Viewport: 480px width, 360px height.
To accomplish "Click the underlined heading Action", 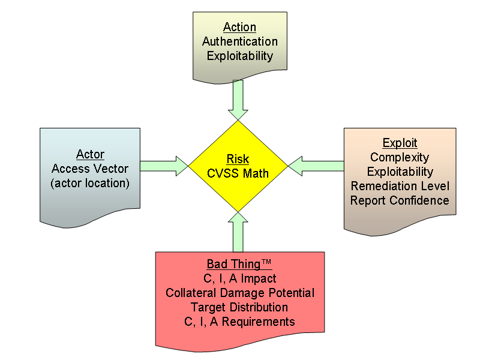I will click(x=239, y=27).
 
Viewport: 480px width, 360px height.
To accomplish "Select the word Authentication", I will click(x=239, y=41).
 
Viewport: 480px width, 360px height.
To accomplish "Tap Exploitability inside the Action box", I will click(x=239, y=56).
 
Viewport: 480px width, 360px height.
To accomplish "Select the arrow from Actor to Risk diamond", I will click(x=164, y=166).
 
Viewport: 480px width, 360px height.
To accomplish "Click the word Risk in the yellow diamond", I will click(x=238, y=159).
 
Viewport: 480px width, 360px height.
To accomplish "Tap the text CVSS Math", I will click(x=238, y=173).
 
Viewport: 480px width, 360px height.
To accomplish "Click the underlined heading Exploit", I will click(x=400, y=143).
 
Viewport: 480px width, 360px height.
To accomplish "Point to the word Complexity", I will click(x=400, y=157).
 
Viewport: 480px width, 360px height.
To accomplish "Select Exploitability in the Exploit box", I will click(x=400, y=172).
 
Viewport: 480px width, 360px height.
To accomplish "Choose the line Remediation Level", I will click(x=400, y=186).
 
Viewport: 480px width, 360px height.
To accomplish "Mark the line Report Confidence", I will click(x=400, y=200).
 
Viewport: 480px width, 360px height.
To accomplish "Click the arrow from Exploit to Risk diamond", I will click(x=316, y=166).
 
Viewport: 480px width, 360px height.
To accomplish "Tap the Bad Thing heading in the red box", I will click(x=239, y=264).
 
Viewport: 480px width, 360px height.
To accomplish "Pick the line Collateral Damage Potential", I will click(x=239, y=293).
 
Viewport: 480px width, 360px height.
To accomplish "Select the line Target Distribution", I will click(x=239, y=307).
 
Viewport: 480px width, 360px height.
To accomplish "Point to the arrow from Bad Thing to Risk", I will click(x=238, y=232).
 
